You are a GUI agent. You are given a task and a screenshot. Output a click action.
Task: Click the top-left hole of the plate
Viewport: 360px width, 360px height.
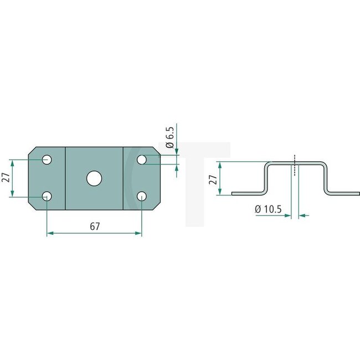pos(48,160)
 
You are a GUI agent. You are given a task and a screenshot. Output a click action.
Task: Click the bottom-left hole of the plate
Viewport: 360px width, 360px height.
pos(48,196)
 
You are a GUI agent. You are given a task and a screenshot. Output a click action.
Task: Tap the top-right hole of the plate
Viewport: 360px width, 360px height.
pos(142,160)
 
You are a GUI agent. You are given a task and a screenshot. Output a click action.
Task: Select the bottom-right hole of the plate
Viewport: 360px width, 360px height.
pos(142,196)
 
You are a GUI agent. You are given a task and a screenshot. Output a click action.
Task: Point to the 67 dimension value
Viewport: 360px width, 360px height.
pos(94,226)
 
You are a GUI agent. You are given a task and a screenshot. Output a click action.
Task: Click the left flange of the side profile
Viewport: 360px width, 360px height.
pos(246,193)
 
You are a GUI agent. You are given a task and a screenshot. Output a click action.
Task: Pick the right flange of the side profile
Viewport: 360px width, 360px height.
pos(344,193)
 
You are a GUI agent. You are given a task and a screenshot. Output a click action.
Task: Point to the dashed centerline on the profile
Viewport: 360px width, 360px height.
pos(295,165)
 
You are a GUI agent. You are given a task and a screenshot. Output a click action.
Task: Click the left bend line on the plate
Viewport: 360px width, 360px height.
pos(66,178)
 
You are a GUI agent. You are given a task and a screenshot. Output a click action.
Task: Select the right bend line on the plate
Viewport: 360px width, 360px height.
pos(123,178)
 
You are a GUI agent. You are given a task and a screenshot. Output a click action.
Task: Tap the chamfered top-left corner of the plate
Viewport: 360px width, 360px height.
pos(32,151)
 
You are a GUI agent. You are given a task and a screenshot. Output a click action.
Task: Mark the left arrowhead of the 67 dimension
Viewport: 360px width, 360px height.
pos(49,234)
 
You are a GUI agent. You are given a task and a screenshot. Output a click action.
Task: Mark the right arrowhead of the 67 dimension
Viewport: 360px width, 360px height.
pos(140,234)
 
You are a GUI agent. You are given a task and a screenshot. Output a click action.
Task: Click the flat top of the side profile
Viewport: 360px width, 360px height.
pos(295,162)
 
